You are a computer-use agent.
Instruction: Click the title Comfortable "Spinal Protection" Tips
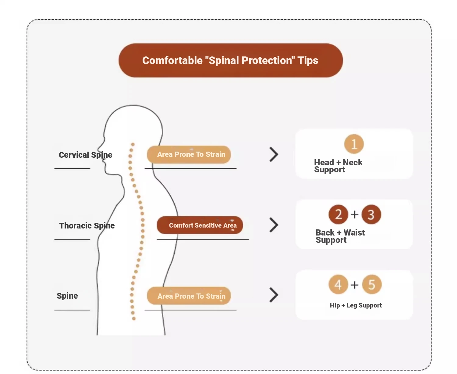point(230,60)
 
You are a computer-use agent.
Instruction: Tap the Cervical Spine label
point(85,155)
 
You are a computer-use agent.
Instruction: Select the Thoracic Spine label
point(87,226)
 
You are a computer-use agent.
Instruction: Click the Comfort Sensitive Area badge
point(200,225)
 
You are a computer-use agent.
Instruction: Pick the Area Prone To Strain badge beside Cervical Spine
point(189,154)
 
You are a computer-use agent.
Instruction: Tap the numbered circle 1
point(354,144)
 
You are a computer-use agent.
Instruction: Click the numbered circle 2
point(338,214)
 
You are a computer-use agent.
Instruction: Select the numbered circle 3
point(371,214)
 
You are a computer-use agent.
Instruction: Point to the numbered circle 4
point(338,284)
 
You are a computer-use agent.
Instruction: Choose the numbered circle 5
point(372,284)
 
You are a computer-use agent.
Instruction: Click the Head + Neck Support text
point(338,166)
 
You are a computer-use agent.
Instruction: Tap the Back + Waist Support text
point(340,236)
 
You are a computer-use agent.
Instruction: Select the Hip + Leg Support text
point(356,305)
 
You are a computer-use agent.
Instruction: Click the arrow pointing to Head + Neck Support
point(274,154)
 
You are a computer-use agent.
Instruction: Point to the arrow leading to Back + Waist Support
point(274,225)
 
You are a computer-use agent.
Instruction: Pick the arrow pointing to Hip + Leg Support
point(274,295)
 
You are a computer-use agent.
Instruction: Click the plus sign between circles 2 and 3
point(355,214)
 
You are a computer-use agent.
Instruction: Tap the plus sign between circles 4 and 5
point(355,285)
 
